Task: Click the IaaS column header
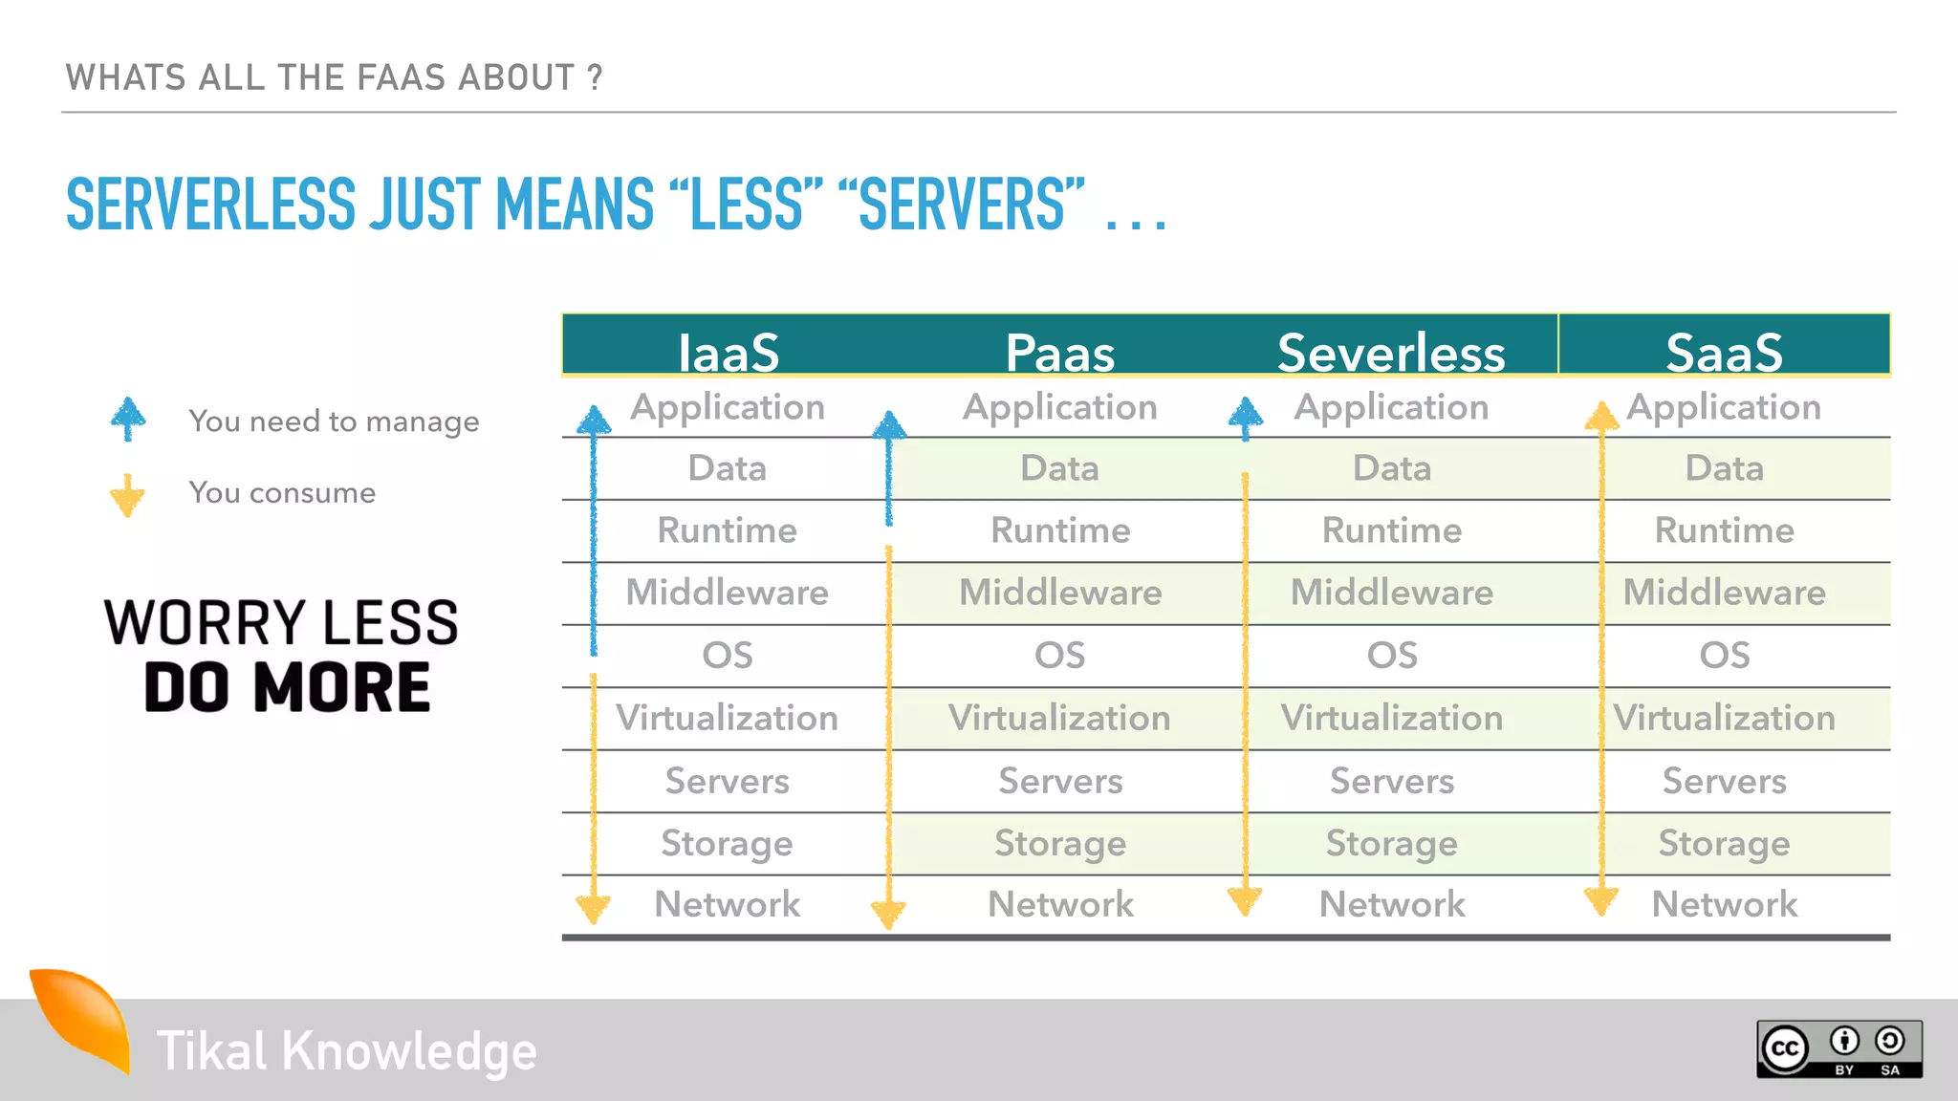pos(728,351)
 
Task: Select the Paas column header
pos(1059,351)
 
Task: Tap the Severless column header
pos(1391,351)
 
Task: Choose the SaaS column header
pos(1724,351)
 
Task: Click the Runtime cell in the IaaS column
pos(727,530)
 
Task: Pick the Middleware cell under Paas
pos(1059,593)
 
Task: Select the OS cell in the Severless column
pos(1391,656)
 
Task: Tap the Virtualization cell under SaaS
pos(1724,718)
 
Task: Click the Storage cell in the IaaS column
pos(727,843)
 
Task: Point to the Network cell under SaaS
pos(1724,904)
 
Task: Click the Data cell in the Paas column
pos(1059,468)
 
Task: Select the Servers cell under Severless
pos(1391,781)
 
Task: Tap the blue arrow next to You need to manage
pos(128,419)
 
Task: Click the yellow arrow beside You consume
pos(127,494)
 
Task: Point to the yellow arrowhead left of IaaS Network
pos(593,906)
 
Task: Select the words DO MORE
pos(287,688)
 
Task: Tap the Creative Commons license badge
pos(1838,1049)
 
